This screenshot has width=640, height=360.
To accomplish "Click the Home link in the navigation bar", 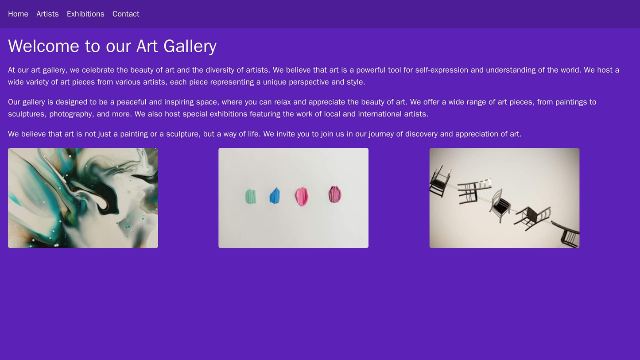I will click(x=18, y=14).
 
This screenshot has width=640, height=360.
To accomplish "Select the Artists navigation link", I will click(x=47, y=14).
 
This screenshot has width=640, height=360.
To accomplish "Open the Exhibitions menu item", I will click(x=85, y=14).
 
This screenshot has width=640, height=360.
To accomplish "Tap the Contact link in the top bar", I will click(x=126, y=14).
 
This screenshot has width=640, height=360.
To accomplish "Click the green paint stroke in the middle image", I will click(x=251, y=196).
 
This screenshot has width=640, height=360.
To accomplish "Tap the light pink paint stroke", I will click(x=302, y=197).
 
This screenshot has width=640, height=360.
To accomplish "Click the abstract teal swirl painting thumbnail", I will click(x=83, y=198).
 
